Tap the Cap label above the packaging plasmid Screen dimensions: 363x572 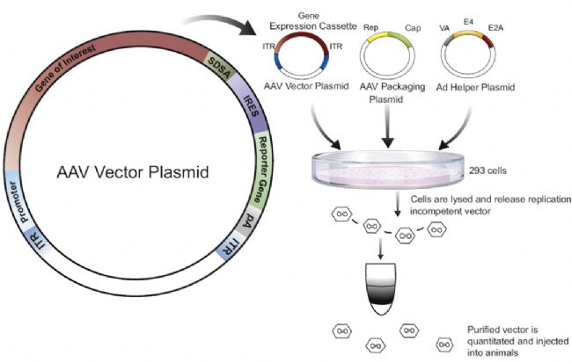coord(412,28)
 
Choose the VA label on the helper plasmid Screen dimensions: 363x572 coord(445,28)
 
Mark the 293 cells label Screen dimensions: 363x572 coord(503,168)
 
